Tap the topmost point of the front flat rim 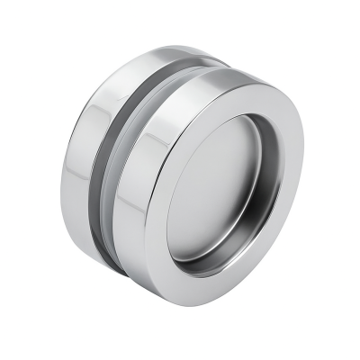pos(236,74)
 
